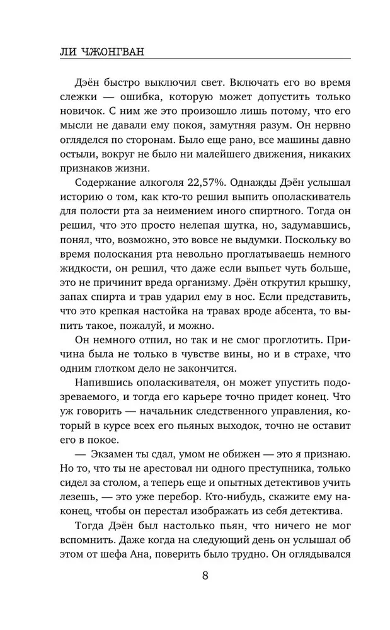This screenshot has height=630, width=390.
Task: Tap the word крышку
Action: (x=329, y=280)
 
